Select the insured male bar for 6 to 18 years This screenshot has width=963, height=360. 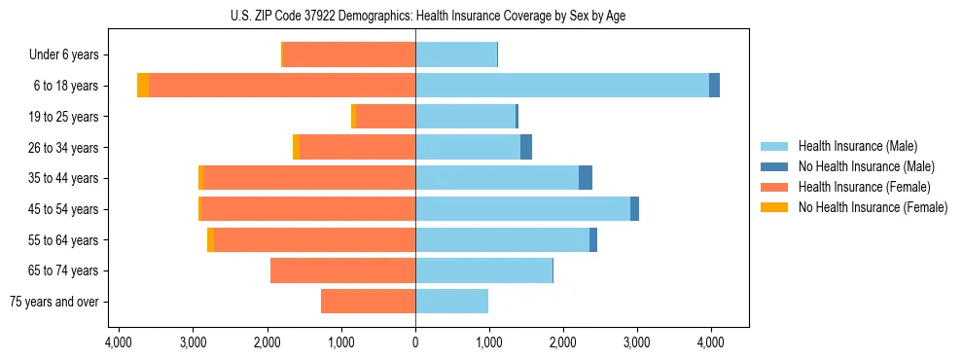click(x=562, y=86)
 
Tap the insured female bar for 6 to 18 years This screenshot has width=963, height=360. click(x=282, y=86)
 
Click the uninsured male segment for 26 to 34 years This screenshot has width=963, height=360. click(x=526, y=147)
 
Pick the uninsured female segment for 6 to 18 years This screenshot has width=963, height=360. click(x=143, y=86)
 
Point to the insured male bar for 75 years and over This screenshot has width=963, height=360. click(x=451, y=302)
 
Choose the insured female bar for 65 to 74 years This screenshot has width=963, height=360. click(x=342, y=270)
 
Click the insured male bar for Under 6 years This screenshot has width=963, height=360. click(x=456, y=54)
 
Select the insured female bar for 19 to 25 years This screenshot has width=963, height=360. click(x=385, y=117)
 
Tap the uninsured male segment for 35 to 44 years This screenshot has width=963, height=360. click(x=586, y=178)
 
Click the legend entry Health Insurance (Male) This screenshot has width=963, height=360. click(x=857, y=146)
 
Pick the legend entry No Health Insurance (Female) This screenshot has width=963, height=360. click(x=873, y=207)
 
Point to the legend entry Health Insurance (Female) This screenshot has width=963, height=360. click(x=865, y=187)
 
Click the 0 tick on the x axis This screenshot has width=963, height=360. click(x=415, y=342)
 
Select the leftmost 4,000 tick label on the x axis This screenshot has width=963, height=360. click(x=118, y=342)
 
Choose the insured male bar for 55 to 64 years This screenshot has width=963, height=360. click(x=502, y=239)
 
